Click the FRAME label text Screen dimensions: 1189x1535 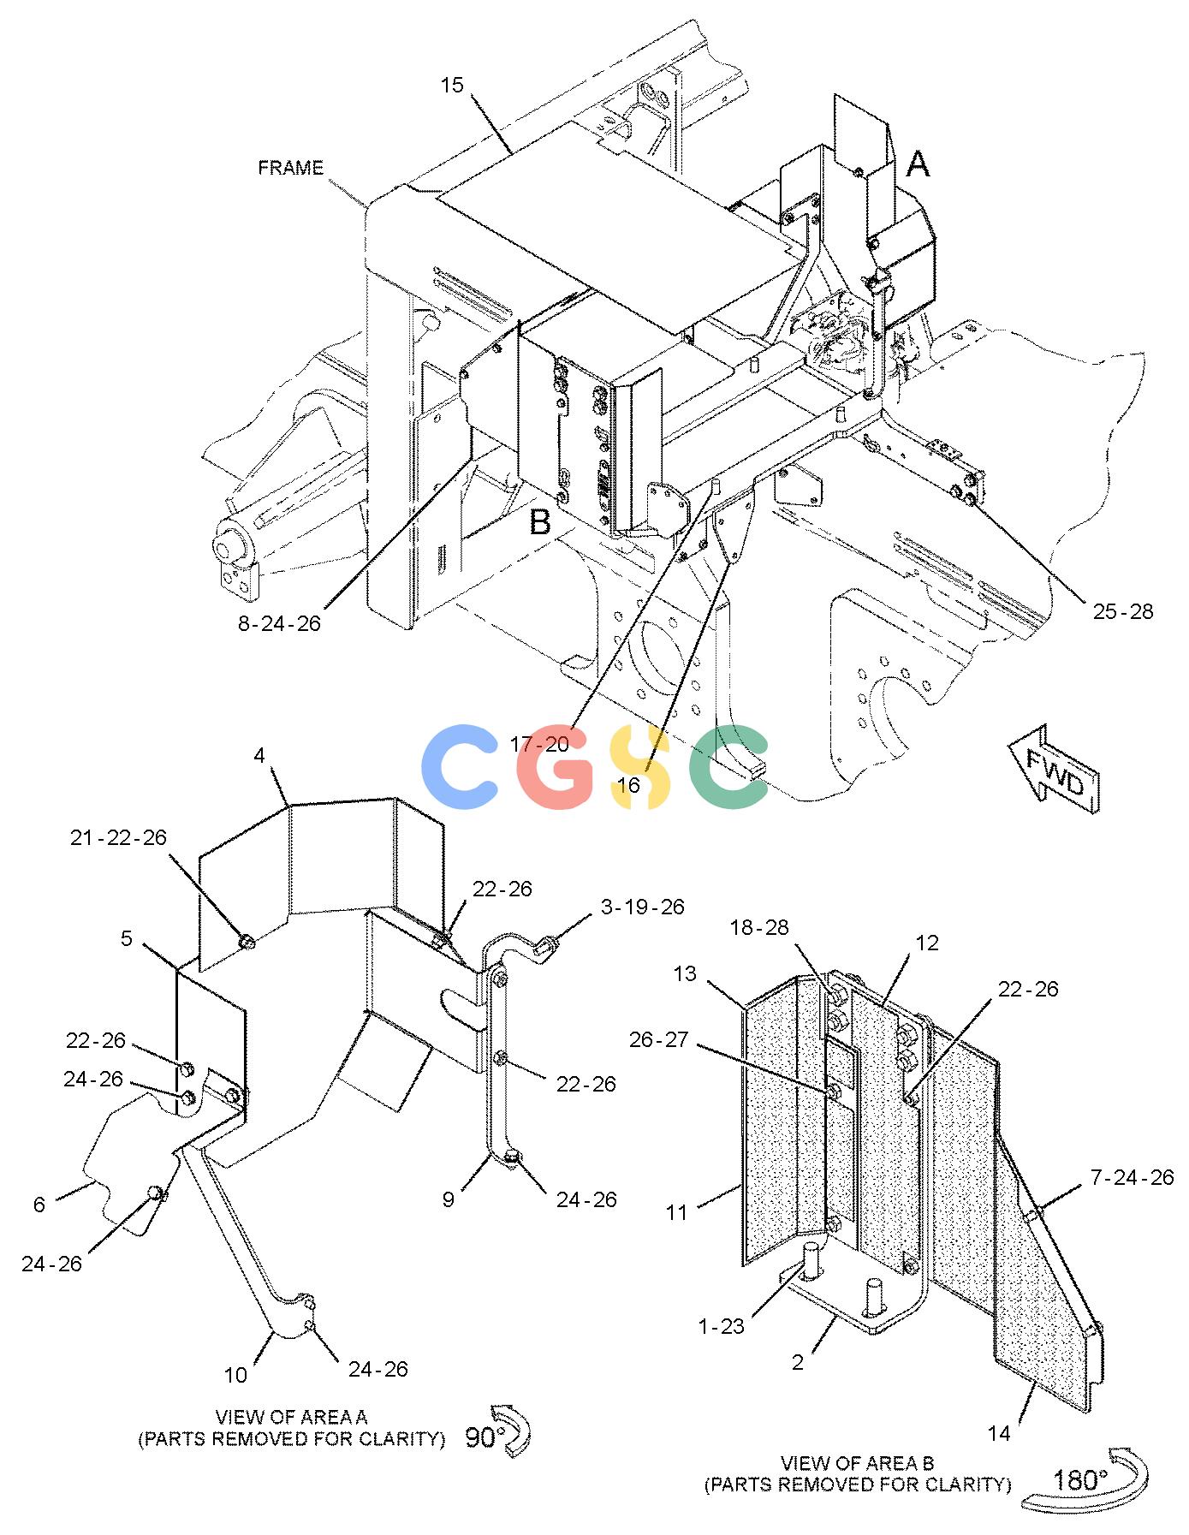291,168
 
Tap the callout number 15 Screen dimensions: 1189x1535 452,86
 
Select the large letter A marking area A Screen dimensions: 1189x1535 918,164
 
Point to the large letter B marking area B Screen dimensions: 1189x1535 540,521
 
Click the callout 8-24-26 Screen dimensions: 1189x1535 279,623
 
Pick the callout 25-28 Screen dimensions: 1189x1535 1123,611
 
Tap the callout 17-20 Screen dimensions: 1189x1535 539,745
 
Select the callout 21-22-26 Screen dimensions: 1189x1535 119,837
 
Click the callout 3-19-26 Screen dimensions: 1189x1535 643,907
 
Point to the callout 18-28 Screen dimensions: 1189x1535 759,927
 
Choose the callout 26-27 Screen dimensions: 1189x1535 658,1039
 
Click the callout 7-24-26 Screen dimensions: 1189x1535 1133,1177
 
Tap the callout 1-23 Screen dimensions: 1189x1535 721,1326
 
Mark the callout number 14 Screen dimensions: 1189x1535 999,1433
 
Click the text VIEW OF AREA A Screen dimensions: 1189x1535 291,1417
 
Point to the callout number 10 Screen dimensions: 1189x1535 235,1376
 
